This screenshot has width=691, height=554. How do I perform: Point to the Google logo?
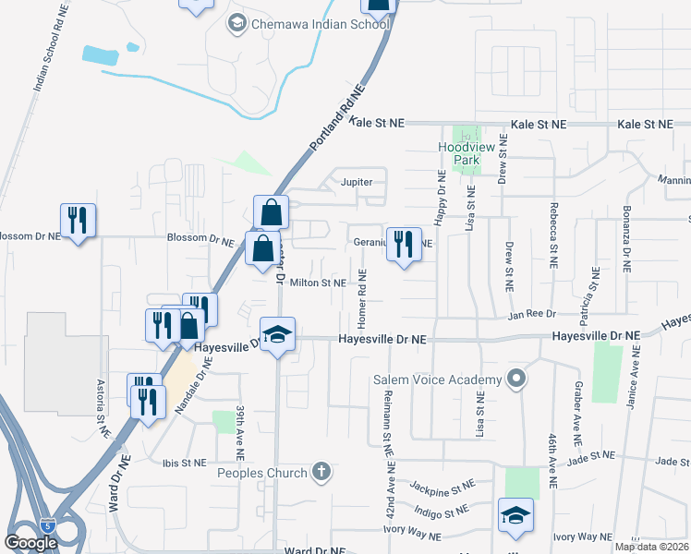click(x=30, y=543)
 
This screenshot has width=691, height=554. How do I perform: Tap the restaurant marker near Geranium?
click(x=404, y=245)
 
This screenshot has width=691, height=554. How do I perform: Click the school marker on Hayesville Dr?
click(x=276, y=336)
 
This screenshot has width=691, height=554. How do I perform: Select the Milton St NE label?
click(x=318, y=283)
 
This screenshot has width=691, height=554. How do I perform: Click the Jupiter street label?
click(x=356, y=182)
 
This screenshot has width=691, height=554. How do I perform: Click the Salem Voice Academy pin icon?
click(x=516, y=379)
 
